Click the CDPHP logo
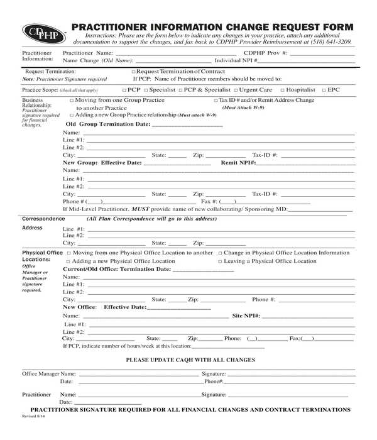tap(43, 32)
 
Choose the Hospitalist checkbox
tap(282, 90)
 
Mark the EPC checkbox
tap(324, 90)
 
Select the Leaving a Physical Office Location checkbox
tap(220, 261)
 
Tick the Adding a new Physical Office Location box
tap(68, 261)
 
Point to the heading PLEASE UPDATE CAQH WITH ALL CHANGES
tap(190, 360)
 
